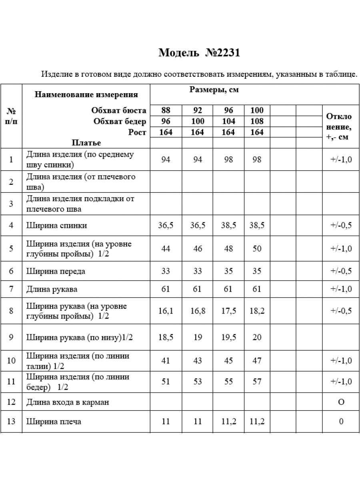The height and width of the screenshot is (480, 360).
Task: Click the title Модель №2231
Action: click(199, 53)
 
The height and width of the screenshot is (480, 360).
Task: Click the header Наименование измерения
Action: click(86, 95)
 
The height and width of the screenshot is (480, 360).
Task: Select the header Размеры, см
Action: click(214, 90)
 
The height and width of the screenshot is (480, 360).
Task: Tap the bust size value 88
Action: click(166, 111)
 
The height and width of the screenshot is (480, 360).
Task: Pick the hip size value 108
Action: click(257, 122)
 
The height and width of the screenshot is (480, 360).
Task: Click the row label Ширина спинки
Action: click(57, 226)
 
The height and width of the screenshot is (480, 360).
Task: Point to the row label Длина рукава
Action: click(52, 289)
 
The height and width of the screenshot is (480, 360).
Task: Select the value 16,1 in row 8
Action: click(166, 311)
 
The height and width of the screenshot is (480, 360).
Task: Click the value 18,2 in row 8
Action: click(257, 311)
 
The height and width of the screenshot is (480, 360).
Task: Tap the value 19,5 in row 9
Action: click(228, 337)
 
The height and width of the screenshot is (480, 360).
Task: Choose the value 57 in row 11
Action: click(257, 382)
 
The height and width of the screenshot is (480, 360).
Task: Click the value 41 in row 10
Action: click(166, 361)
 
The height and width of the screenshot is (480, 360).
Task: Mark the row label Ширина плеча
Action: click(54, 422)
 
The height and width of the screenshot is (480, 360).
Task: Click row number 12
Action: click(11, 402)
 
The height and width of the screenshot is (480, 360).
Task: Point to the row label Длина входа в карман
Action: click(68, 402)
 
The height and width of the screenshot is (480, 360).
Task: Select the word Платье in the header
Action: click(86, 143)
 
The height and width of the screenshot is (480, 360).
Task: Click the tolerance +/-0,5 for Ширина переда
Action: click(341, 271)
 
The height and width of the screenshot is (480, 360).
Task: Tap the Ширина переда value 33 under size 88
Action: click(166, 271)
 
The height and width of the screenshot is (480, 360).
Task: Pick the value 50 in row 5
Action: click(257, 249)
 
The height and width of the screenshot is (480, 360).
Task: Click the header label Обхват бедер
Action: click(120, 122)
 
